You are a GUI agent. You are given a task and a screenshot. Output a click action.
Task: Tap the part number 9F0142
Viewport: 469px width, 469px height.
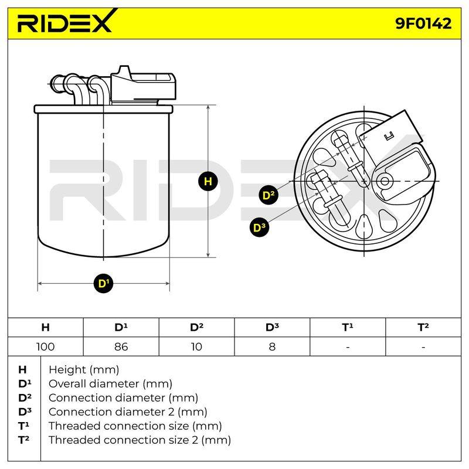click(423, 23)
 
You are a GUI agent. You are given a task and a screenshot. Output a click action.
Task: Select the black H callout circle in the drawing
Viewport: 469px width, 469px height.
click(208, 181)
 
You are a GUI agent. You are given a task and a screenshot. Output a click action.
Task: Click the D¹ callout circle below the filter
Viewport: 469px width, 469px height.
click(104, 283)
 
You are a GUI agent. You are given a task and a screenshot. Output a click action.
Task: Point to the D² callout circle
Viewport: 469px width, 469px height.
click(269, 195)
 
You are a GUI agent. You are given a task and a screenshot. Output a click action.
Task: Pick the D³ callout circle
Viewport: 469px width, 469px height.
click(259, 227)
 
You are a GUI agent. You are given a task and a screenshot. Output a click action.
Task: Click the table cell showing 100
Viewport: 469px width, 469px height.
click(46, 346)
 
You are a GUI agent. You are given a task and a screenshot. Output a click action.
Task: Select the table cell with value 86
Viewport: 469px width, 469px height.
click(121, 346)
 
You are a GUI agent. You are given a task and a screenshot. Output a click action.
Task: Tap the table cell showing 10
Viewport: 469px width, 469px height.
click(196, 346)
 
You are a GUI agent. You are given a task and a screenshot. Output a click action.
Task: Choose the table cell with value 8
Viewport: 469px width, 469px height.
click(272, 346)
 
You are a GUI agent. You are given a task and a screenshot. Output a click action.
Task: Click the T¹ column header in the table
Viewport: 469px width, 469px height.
click(348, 327)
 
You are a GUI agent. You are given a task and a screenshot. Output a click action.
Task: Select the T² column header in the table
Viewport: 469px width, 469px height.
click(423, 327)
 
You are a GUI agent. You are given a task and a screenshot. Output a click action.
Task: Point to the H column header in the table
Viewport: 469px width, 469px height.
click(46, 327)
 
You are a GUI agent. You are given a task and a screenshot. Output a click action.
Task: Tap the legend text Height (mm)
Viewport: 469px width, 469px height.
click(84, 370)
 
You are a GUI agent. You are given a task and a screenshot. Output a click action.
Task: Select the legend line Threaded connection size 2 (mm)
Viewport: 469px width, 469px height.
click(140, 440)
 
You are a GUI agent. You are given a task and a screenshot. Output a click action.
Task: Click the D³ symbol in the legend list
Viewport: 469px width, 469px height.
click(25, 412)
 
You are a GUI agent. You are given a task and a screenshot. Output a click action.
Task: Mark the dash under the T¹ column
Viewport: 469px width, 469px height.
click(348, 348)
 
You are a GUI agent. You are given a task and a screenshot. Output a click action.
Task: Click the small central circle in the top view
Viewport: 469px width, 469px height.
click(385, 181)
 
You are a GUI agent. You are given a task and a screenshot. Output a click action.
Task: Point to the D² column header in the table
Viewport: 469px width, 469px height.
click(196, 327)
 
